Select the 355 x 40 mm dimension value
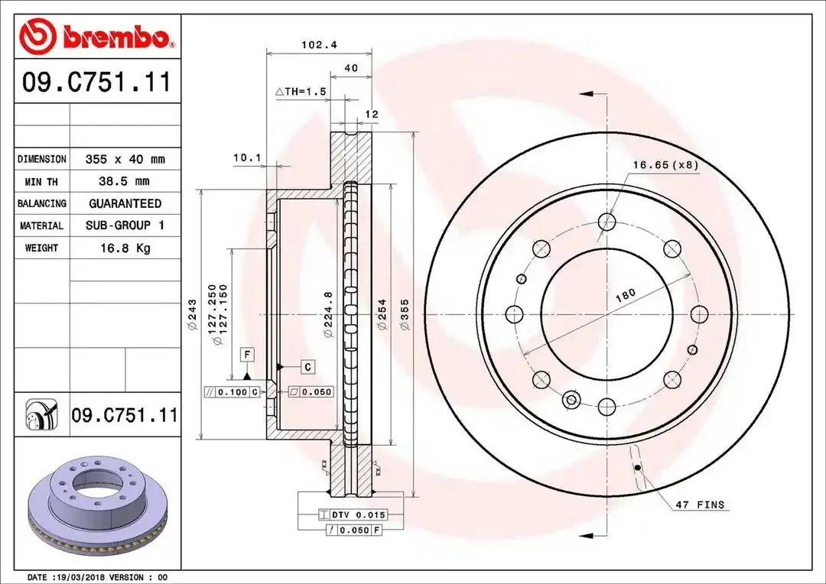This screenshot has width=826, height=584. [x=125, y=159]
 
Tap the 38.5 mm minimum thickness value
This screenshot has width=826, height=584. [x=125, y=182]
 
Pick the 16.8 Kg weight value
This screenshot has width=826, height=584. [x=125, y=248]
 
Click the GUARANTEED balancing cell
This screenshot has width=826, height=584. [x=125, y=204]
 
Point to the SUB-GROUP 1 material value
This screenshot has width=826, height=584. [x=125, y=225]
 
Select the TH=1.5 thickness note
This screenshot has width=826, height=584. [x=301, y=92]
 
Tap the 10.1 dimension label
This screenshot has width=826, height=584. [x=247, y=157]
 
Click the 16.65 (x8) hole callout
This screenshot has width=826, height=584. [x=666, y=165]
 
